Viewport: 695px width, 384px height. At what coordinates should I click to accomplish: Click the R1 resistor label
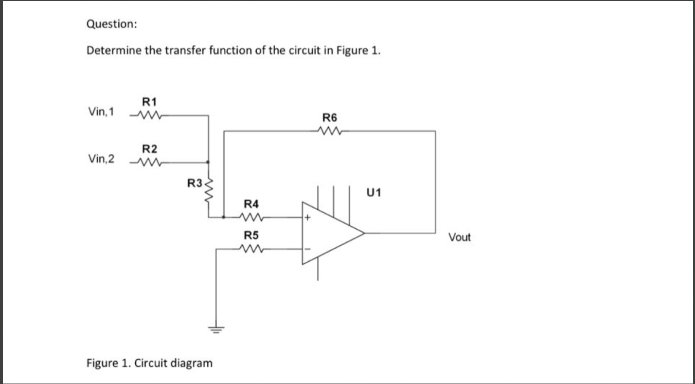click(x=149, y=102)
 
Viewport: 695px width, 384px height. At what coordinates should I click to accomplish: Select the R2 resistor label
click(x=149, y=148)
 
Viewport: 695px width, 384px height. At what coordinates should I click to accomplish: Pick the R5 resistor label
click(x=251, y=236)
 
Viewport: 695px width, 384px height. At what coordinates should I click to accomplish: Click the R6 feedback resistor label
click(x=330, y=117)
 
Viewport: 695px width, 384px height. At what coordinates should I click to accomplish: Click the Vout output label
click(x=460, y=238)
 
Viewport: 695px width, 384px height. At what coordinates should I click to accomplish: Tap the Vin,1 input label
click(x=101, y=112)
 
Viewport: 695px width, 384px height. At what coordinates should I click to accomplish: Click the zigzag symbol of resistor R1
click(x=149, y=115)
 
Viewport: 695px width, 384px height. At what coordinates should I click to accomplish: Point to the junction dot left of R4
click(x=223, y=217)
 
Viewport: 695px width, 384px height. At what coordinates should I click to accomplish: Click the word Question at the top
click(x=111, y=24)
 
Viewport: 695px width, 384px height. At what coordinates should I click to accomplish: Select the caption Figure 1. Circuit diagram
click(x=149, y=363)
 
